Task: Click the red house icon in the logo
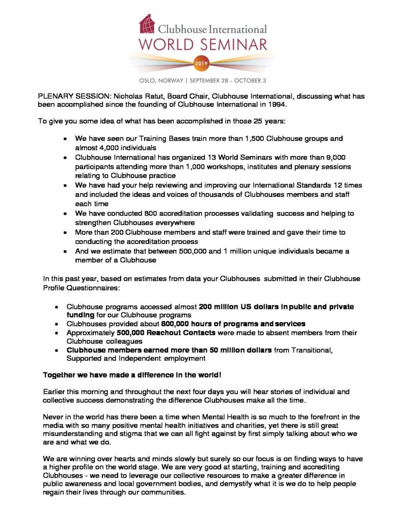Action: click(x=148, y=23)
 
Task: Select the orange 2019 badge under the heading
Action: click(x=201, y=64)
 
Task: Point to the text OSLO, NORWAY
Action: click(x=161, y=81)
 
